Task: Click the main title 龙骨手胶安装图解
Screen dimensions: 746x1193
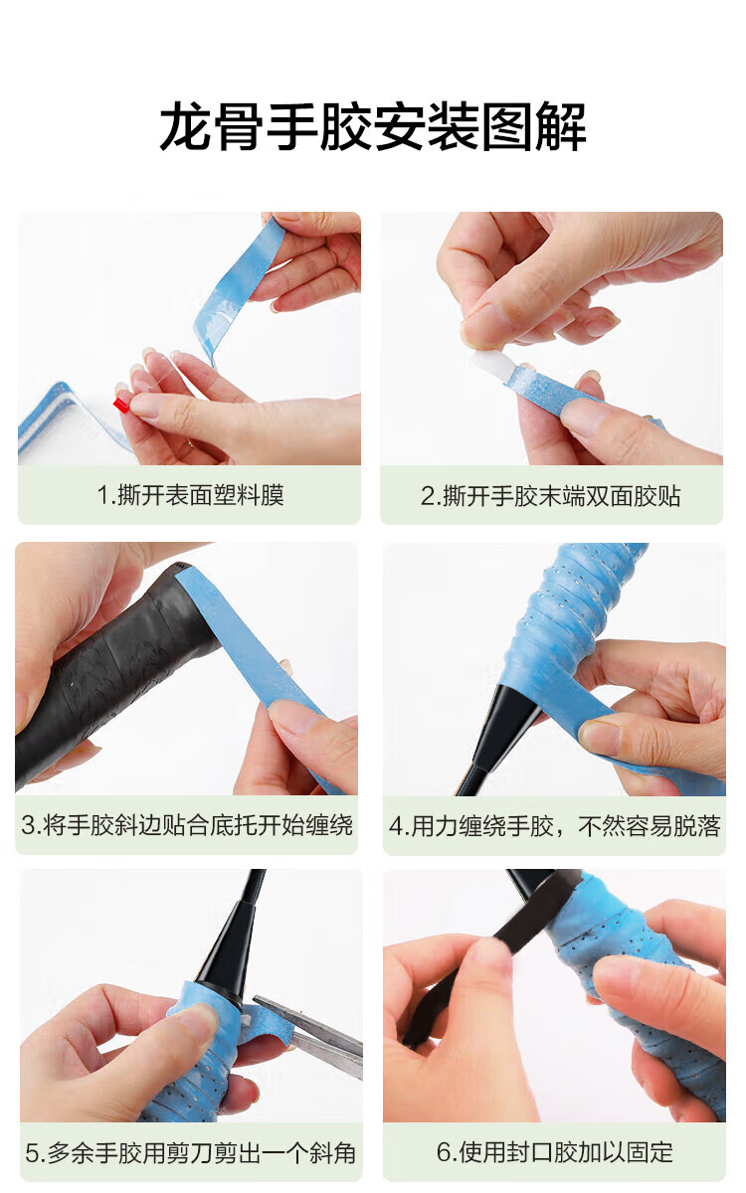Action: coord(373,127)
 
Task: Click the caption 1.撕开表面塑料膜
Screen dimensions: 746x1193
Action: coord(190,495)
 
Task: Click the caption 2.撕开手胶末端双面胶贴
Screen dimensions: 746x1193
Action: coord(551,496)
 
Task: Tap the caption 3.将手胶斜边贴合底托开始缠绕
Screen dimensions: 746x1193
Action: coord(187,825)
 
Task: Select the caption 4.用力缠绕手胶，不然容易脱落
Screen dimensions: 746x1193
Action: coord(554,826)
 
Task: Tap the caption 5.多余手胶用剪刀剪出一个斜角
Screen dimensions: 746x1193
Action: coord(190,1153)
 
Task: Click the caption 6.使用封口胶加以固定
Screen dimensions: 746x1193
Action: coord(555,1152)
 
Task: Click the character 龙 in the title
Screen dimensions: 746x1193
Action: coord(186,127)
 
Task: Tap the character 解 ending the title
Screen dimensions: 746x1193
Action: coord(561,127)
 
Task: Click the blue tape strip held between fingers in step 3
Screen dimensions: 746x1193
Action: coord(256,660)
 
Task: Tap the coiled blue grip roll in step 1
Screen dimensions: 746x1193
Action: coord(64,421)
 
